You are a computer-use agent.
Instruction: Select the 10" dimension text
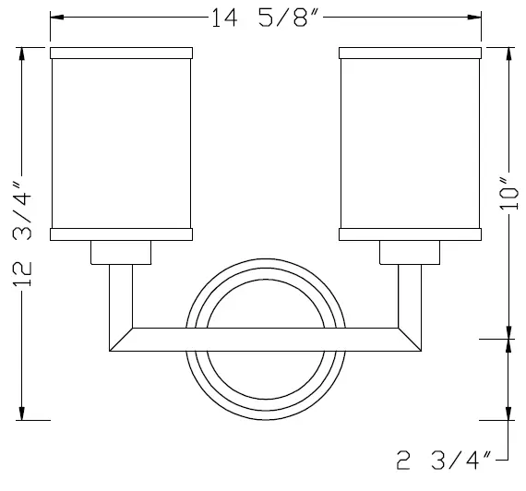504,195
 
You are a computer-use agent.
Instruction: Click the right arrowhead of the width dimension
476,18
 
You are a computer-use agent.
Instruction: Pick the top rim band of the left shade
122,52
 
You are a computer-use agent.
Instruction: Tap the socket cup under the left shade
121,252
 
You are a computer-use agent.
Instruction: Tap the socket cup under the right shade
411,252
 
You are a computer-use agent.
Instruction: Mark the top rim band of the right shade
412,52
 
